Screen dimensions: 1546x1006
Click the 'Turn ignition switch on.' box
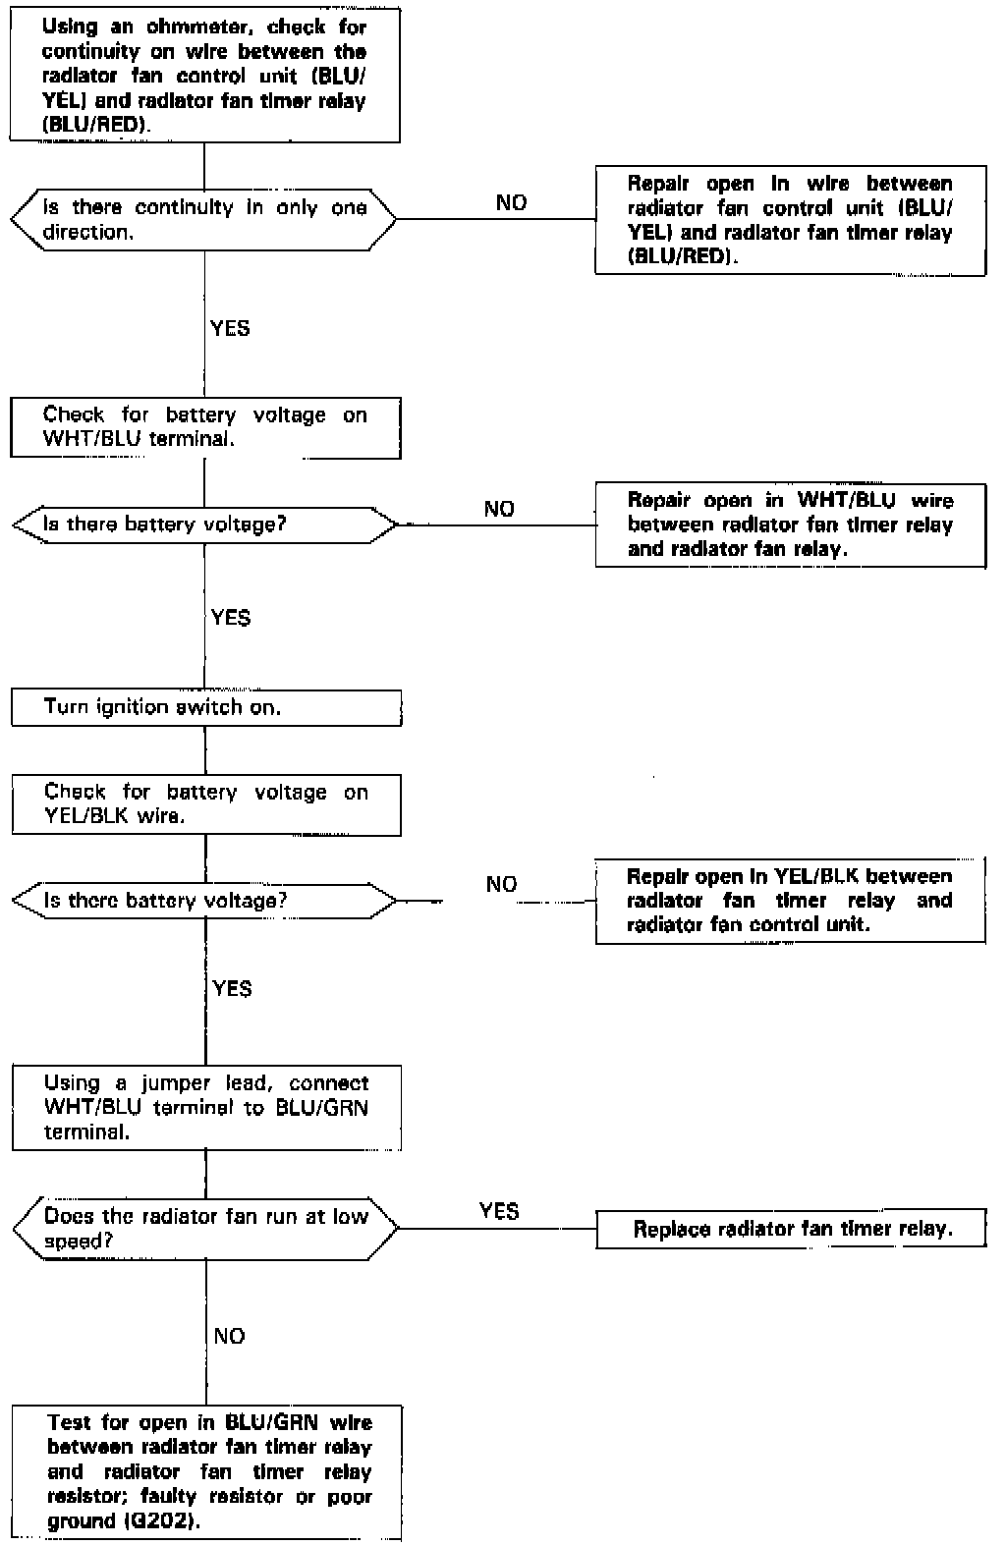pyautogui.click(x=206, y=708)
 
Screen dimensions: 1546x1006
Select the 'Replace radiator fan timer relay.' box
pyautogui.click(x=791, y=1229)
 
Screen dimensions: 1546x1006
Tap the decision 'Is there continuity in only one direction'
pyautogui.click(x=203, y=219)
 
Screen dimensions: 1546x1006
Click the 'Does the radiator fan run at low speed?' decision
pyautogui.click(x=205, y=1228)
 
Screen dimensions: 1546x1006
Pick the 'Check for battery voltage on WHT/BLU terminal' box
pyautogui.click(x=205, y=427)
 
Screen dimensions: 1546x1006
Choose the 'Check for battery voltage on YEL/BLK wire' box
pyautogui.click(x=206, y=804)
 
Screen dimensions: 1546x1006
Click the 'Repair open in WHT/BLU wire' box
pyautogui.click(x=791, y=525)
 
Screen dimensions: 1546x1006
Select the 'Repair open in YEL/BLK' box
pyautogui.click(x=791, y=901)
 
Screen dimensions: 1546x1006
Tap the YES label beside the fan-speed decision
pyautogui.click(x=499, y=1211)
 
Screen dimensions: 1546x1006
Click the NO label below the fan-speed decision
pyautogui.click(x=229, y=1336)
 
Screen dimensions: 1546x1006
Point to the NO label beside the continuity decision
pyautogui.click(x=511, y=203)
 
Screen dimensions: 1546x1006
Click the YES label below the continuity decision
pyautogui.click(x=230, y=328)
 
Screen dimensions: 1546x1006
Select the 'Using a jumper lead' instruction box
pyautogui.click(x=206, y=1108)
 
